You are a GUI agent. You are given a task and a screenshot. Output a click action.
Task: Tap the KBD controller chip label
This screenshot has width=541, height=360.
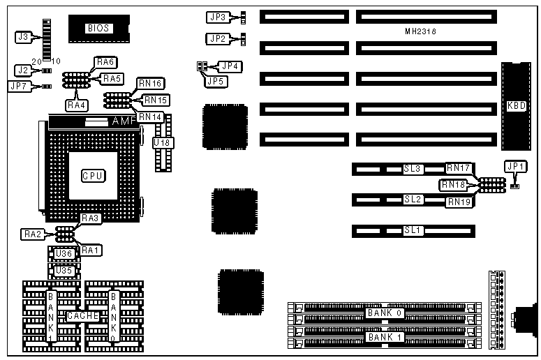[516, 106]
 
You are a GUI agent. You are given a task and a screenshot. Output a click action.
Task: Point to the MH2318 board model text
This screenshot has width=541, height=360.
[424, 32]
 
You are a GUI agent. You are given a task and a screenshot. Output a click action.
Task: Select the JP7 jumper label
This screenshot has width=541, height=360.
[18, 87]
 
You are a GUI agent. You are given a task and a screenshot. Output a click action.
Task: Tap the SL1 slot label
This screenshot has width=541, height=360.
[413, 230]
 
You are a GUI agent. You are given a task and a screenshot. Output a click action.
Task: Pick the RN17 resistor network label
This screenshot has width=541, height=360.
[459, 168]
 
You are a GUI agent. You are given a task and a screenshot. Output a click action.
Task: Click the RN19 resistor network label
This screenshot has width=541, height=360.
[459, 202]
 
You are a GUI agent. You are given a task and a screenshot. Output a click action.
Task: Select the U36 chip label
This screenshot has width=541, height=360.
[64, 254]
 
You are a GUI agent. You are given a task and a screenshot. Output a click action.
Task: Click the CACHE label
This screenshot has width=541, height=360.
[82, 316]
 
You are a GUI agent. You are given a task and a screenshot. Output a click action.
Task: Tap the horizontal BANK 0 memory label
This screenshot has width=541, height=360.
[383, 313]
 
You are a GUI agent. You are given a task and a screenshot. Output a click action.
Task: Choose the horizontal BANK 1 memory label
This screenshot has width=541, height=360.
[383, 338]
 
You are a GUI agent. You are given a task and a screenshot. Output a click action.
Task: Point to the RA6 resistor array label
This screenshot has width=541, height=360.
[105, 62]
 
